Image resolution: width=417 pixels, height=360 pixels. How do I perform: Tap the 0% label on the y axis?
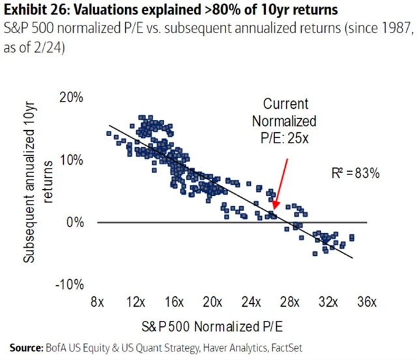pos(76,222)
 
